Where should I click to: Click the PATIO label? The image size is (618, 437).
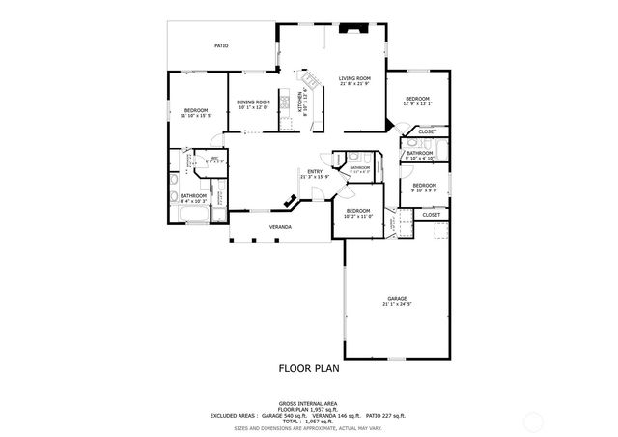221,45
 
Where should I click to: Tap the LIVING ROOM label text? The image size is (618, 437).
354,78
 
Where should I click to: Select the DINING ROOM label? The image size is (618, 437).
253,102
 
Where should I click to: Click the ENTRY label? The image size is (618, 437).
315,172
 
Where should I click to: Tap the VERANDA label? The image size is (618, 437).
280,227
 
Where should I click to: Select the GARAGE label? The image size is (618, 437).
397,298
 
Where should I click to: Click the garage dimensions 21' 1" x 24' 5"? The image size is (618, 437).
397,304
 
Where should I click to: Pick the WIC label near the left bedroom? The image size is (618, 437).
214,158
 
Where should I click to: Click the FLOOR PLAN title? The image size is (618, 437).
309,367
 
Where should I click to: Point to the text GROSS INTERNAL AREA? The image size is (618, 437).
309,402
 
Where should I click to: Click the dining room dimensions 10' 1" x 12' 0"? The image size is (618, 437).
253,107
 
